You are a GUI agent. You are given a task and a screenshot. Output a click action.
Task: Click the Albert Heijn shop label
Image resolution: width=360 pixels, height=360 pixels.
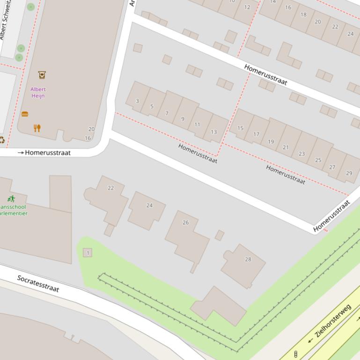click(x=38, y=92)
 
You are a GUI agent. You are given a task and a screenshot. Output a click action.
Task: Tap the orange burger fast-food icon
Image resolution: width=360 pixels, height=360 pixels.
click(x=25, y=114)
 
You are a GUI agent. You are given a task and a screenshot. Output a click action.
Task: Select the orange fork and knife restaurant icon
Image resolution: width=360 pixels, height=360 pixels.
click(x=37, y=128)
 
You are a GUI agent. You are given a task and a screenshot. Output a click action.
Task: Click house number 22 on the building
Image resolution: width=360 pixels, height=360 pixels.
click(x=110, y=188)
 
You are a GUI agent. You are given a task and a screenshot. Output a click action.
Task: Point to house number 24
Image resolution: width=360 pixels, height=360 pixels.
click(x=149, y=205)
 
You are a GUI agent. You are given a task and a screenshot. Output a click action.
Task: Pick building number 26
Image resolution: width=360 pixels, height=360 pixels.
click(x=185, y=223)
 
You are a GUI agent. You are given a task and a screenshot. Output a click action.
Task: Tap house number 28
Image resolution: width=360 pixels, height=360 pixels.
click(x=248, y=259)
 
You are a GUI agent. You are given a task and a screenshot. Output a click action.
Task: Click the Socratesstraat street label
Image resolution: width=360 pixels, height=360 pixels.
click(x=38, y=283)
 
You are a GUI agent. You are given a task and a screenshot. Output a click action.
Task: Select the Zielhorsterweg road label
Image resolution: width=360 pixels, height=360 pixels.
click(x=333, y=321)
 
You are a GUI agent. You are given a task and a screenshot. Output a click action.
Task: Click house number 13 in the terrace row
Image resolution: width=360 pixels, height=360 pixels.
click(x=213, y=132)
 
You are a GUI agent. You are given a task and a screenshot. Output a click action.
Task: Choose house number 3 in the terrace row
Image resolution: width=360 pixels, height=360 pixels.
click(x=137, y=101)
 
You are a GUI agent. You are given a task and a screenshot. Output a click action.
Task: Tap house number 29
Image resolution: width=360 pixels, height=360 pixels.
click(x=349, y=173)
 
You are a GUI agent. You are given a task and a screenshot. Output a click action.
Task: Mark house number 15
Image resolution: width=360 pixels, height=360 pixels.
click(x=240, y=128)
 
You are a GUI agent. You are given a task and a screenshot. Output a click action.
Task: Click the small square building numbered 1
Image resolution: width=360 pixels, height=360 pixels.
click(x=87, y=252)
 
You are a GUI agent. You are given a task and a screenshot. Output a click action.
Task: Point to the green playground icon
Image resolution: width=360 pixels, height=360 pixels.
click(x=11, y=199)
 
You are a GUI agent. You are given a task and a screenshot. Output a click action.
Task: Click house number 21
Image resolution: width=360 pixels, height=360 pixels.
click(x=286, y=147)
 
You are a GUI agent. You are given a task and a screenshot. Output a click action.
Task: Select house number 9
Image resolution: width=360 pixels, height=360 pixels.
click(x=183, y=119)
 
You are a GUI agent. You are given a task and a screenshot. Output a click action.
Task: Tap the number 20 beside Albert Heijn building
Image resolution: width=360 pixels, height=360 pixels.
click(x=91, y=129)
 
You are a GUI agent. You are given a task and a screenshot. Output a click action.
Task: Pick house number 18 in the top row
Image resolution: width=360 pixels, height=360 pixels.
click(x=303, y=14)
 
